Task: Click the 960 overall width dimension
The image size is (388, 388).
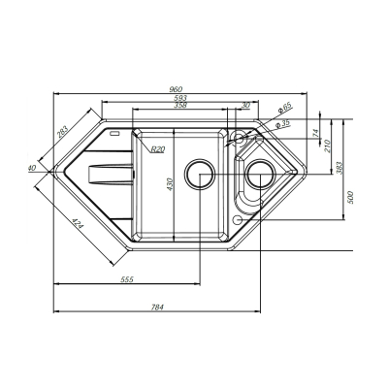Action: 178,89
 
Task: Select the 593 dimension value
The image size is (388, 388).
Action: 180,98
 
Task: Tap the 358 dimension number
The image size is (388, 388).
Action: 180,105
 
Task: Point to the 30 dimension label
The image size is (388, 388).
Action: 245,105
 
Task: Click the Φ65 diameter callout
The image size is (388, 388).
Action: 285,108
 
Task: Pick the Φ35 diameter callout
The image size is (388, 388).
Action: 282,124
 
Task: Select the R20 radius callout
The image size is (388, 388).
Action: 158,149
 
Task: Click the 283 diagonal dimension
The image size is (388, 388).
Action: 63,132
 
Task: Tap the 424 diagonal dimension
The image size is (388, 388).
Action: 78,224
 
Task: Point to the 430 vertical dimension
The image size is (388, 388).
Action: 171,184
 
